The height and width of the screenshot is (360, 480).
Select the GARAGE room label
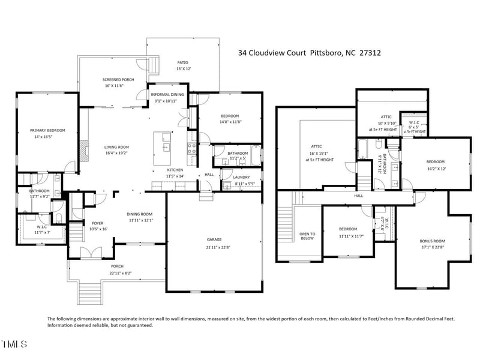pos(214,239)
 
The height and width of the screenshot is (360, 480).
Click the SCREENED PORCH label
pos(118,79)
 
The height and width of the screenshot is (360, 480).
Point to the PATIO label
pos(182,61)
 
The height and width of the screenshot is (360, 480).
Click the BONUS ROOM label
pos(432,241)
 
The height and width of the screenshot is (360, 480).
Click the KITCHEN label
pos(175,170)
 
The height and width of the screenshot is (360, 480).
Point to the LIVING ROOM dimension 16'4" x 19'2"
pos(117,153)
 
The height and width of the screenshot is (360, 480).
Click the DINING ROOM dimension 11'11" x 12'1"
pos(139,220)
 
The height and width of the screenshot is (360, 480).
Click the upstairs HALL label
pos(359,195)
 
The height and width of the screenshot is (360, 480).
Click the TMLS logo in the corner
pos(14,344)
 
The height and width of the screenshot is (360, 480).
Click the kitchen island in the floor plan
pos(163,149)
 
